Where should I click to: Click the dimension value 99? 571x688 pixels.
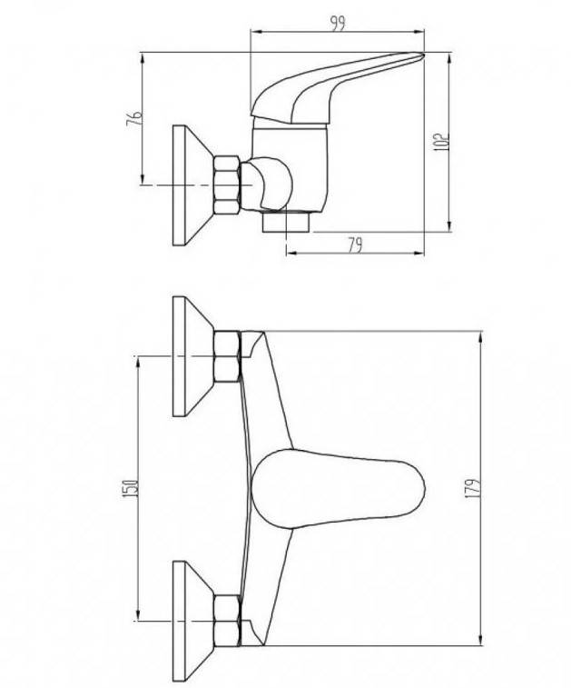pyautogui.click(x=338, y=24)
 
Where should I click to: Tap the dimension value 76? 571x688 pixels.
pyautogui.click(x=134, y=118)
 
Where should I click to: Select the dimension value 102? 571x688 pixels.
pyautogui.click(x=441, y=142)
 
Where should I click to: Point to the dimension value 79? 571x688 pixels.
pyautogui.click(x=355, y=245)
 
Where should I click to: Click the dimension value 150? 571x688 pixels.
pyautogui.click(x=132, y=488)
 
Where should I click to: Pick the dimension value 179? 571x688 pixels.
pyautogui.click(x=472, y=488)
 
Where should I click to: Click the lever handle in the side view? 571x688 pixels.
pyautogui.click(x=333, y=88)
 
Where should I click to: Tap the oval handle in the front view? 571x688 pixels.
pyautogui.click(x=339, y=488)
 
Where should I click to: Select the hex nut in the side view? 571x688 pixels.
pyautogui.click(x=227, y=184)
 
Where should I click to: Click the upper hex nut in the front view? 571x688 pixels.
pyautogui.click(x=228, y=356)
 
